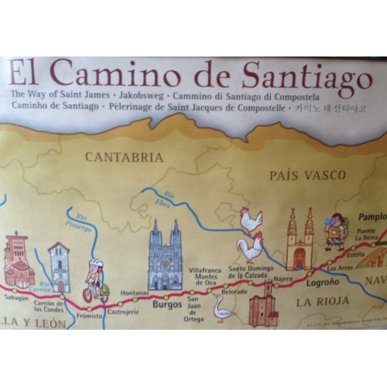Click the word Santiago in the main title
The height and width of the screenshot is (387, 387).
[x=307, y=75]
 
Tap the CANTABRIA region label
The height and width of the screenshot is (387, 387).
[x=124, y=157]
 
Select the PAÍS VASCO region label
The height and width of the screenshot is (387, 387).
[x=307, y=176]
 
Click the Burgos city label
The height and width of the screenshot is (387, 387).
[x=166, y=304]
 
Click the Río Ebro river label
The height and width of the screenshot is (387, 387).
[x=161, y=200]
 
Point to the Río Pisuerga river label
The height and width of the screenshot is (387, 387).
[x=80, y=224]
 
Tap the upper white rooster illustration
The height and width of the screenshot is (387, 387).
[x=251, y=221]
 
